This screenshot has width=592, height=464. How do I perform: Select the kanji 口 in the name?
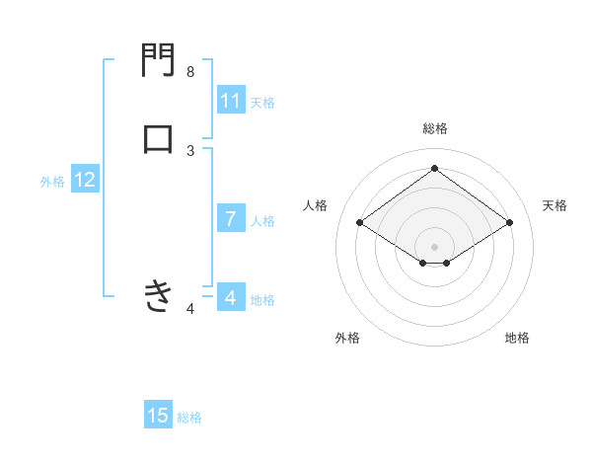point(158,137)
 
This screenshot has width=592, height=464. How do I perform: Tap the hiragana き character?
point(158,295)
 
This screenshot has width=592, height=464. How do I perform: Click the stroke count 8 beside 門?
point(190,72)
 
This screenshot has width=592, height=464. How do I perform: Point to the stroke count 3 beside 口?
point(190,150)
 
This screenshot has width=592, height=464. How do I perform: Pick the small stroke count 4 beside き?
point(190,310)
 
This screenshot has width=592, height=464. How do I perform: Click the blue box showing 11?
point(231,101)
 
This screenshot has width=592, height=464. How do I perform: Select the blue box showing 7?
point(231,219)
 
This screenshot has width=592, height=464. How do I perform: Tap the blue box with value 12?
point(85,180)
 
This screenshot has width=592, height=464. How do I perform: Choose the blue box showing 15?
point(158,416)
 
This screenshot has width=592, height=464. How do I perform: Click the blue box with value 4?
point(231,297)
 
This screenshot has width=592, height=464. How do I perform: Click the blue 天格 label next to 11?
point(262,103)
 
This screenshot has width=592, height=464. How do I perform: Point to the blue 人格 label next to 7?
point(262,221)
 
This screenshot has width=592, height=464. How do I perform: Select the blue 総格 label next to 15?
point(189,418)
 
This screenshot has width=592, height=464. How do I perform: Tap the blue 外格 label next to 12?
point(52,182)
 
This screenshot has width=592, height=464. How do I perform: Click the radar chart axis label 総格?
point(435,128)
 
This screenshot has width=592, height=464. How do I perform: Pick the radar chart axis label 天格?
point(555,205)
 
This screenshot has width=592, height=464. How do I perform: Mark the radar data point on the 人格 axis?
point(360,223)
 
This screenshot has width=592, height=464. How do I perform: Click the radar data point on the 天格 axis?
point(509,223)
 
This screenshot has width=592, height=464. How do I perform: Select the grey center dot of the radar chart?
point(435,246)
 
